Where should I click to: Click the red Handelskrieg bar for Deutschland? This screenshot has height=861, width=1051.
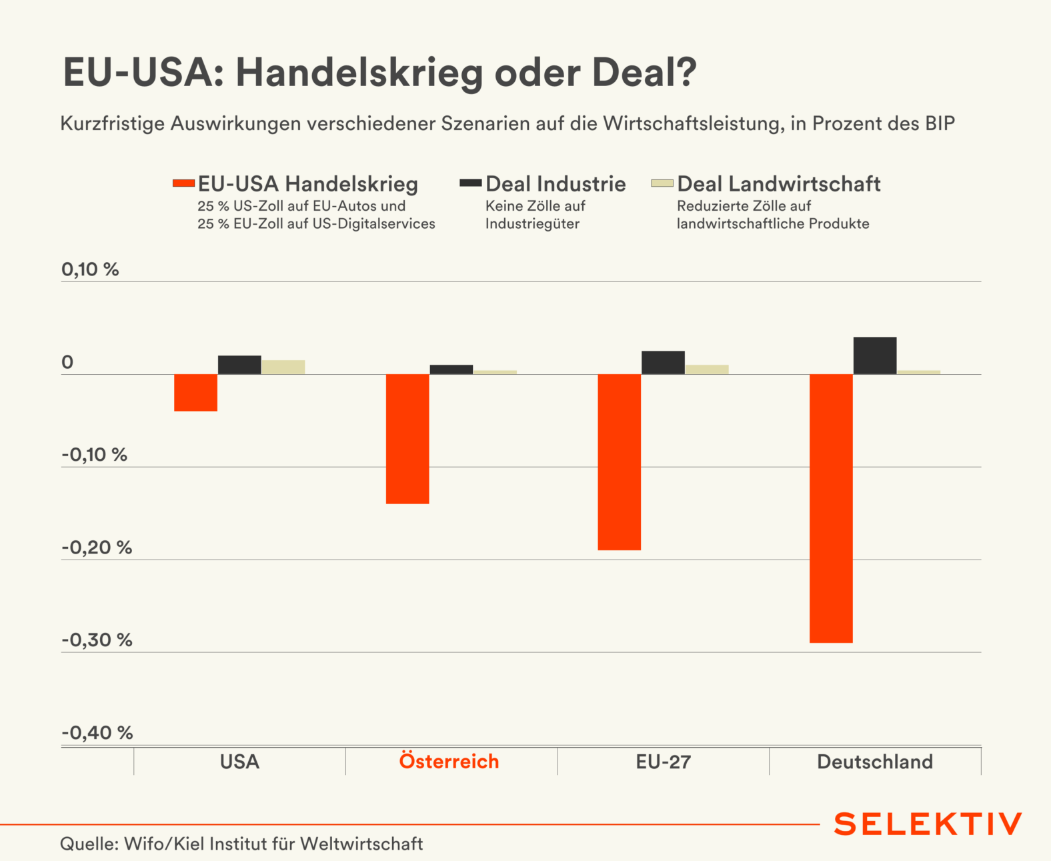click(831, 508)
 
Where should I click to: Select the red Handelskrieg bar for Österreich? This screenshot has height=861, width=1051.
click(407, 438)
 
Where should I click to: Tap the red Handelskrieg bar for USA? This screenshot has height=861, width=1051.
click(195, 392)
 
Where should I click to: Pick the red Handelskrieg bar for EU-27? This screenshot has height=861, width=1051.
click(619, 462)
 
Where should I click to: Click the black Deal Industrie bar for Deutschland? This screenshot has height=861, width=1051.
click(874, 355)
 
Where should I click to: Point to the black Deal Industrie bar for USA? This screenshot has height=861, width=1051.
click(239, 365)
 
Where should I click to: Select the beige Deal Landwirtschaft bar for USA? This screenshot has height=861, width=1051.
click(283, 367)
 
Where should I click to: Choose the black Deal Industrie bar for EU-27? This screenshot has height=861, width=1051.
click(663, 362)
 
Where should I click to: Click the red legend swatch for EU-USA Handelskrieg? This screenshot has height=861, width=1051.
click(183, 183)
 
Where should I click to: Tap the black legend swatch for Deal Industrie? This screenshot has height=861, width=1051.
click(471, 183)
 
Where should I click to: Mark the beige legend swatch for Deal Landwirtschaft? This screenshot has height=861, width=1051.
click(662, 183)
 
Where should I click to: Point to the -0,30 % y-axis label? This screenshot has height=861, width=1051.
click(97, 640)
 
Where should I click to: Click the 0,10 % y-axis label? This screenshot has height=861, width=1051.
click(90, 269)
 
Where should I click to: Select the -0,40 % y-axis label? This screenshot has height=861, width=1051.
click(97, 733)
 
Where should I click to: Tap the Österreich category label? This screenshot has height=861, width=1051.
click(449, 762)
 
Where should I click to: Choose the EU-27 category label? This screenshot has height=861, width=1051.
click(663, 762)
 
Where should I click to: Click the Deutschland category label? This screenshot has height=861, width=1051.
click(874, 762)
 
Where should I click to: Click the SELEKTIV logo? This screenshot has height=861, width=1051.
click(928, 824)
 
